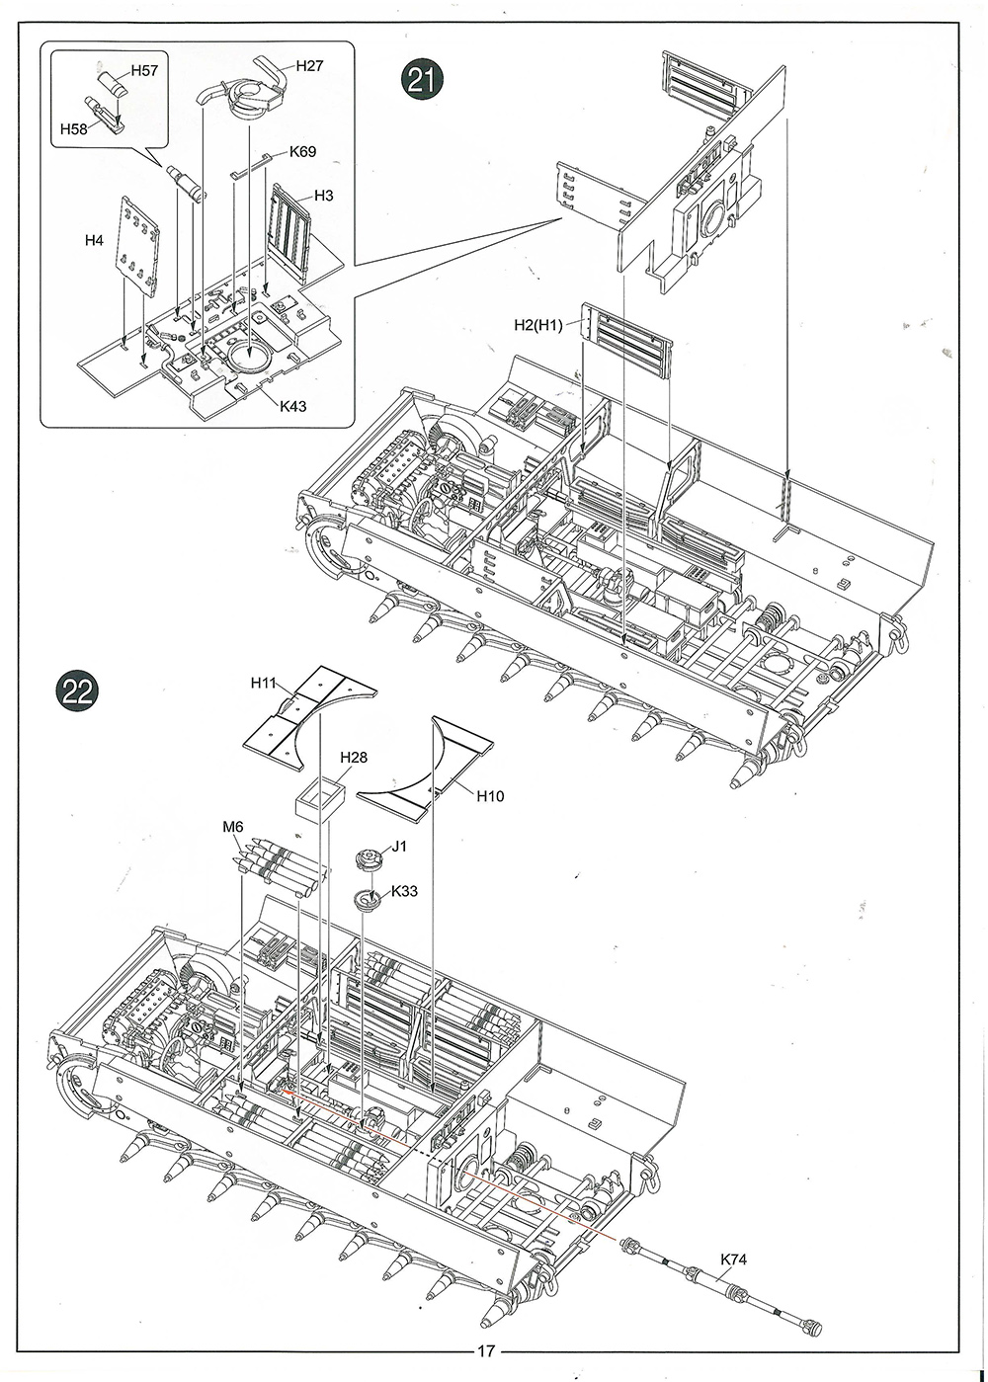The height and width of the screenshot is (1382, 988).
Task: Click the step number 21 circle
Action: tap(422, 80)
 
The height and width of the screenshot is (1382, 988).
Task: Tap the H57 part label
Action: tap(144, 70)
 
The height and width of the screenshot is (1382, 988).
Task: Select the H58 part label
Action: tap(74, 128)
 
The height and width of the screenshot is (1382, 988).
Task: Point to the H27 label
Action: tap(309, 66)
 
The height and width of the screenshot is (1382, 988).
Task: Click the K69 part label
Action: tap(302, 152)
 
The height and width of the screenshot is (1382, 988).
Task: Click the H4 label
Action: tap(94, 241)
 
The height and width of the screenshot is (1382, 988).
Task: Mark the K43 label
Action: tap(292, 406)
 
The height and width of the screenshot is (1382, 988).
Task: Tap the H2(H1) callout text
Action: tap(538, 325)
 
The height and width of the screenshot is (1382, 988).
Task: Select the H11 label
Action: tap(264, 683)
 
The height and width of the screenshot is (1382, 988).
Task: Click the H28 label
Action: tap(354, 757)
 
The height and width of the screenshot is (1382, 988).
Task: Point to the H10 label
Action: tap(490, 796)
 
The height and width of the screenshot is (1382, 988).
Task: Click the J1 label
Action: tap(399, 847)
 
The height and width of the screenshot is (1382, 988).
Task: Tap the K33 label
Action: tap(403, 891)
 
